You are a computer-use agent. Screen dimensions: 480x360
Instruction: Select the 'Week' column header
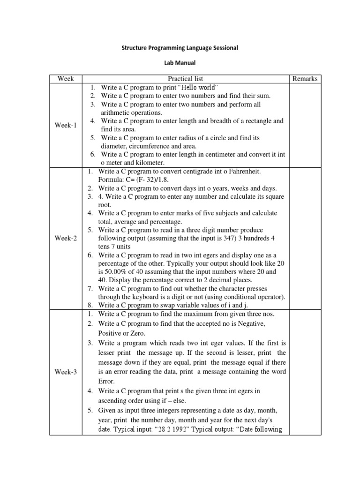(66, 78)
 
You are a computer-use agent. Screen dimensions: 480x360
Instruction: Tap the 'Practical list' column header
(186, 78)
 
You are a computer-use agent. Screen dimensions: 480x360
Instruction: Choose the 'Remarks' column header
(305, 78)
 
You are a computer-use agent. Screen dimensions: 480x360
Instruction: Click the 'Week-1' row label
(66, 125)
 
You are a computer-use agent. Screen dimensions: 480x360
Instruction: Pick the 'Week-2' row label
(66, 238)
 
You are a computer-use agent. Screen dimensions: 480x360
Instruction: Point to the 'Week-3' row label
(66, 372)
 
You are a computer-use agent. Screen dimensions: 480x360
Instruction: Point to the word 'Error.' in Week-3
(108, 381)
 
